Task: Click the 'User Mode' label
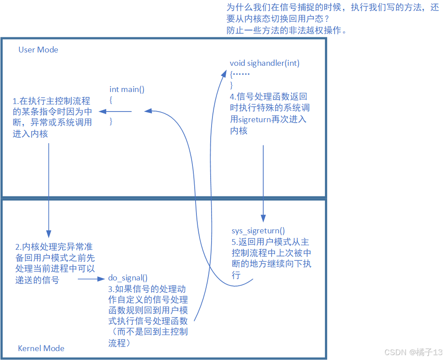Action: (38, 50)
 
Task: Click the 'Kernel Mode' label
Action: (41, 348)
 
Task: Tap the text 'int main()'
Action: (127, 89)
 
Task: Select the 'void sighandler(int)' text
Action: (264, 63)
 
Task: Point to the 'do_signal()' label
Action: (128, 278)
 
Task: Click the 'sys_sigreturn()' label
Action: (258, 231)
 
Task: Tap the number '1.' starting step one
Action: (16, 101)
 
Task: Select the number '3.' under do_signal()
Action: (112, 289)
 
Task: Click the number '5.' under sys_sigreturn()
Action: (235, 242)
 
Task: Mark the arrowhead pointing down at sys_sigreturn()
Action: (264, 218)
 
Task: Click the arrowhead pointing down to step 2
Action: (48, 233)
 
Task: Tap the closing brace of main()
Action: (111, 121)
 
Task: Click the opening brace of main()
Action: (111, 100)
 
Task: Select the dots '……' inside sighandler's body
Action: (242, 74)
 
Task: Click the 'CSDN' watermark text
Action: (393, 352)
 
